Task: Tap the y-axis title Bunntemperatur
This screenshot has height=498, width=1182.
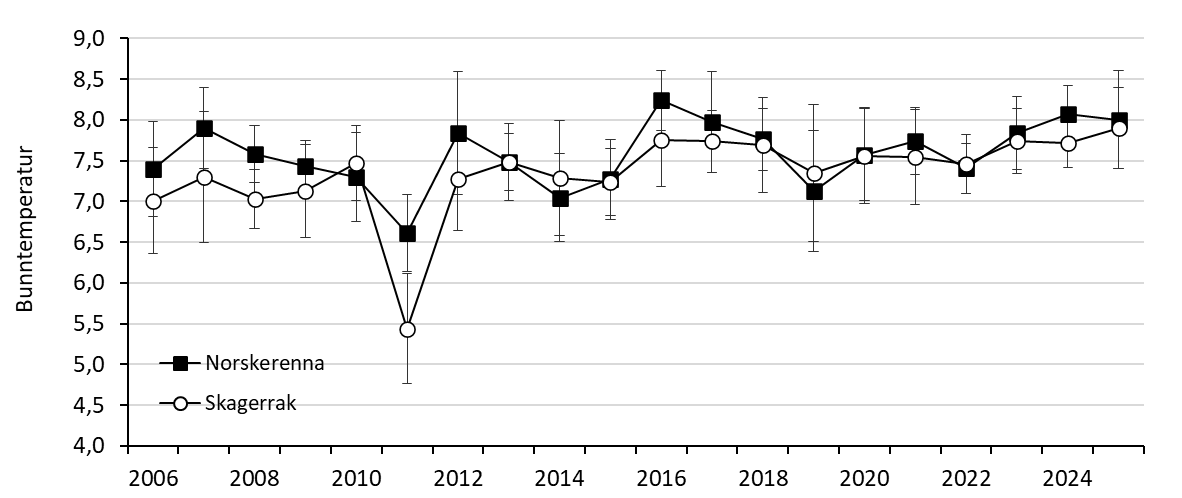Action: (25, 231)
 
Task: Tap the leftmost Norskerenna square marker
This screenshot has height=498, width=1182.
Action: (153, 169)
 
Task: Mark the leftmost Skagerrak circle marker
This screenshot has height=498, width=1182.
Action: (153, 201)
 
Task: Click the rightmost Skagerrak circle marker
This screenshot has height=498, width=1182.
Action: (1120, 128)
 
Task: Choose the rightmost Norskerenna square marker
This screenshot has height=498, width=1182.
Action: (1120, 120)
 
